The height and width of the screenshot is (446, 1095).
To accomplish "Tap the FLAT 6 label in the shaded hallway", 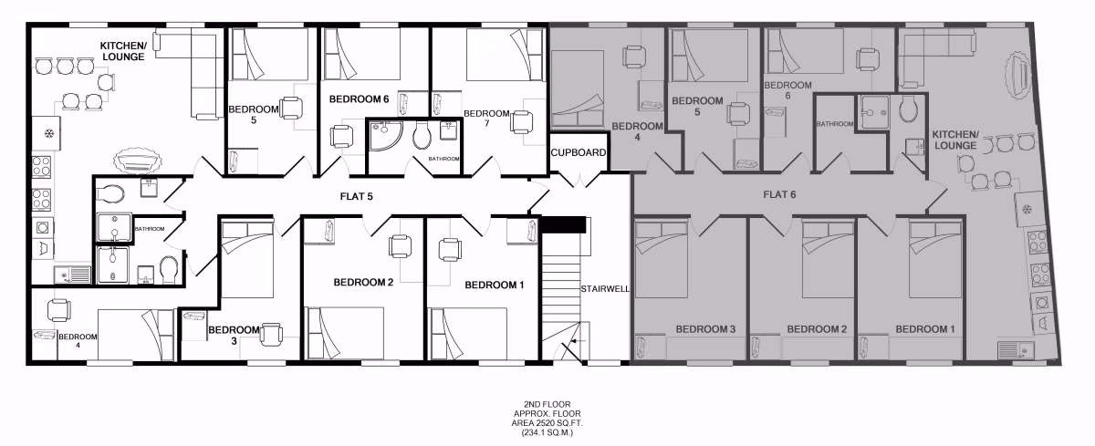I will coord(780,194).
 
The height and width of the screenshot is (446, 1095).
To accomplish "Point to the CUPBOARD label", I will coord(579,153).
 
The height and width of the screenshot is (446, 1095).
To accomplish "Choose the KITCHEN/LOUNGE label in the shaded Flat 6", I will coord(954,140).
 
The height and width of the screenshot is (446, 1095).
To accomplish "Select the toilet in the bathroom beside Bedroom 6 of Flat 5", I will coord(421,137).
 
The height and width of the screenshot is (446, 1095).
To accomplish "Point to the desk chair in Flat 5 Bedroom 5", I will coord(291,109).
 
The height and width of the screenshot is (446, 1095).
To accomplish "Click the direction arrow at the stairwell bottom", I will coord(572,345).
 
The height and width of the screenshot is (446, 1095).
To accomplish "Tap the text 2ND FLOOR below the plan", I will coord(547,404).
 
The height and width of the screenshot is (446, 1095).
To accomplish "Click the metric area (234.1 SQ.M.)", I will coord(547,434).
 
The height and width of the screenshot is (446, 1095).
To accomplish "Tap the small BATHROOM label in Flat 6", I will coord(833,124).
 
